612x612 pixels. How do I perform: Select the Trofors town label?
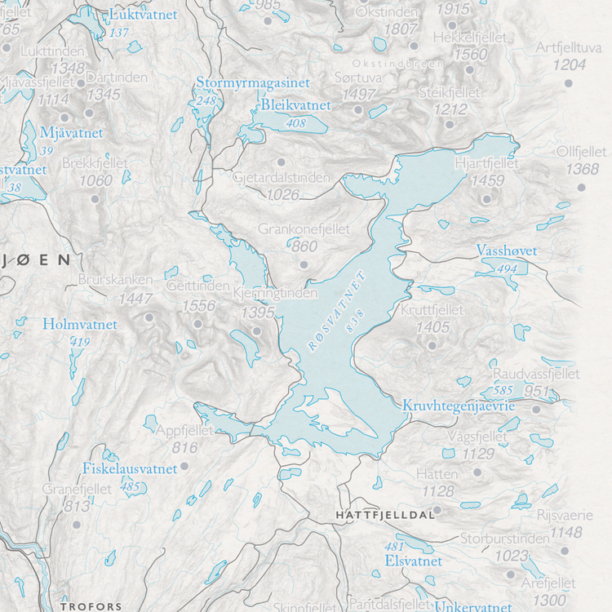tap(91, 606)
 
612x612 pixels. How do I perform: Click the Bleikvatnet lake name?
tap(296, 106)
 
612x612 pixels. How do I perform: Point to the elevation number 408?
tap(295, 123)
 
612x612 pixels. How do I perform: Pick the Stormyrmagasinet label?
tap(253, 83)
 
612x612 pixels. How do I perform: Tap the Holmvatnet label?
tap(80, 325)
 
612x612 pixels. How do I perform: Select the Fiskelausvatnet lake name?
tap(130, 468)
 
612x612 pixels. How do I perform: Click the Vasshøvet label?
tap(507, 251)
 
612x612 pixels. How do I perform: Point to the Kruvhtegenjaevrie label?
tap(458, 406)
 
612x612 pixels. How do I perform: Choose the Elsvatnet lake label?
tap(413, 561)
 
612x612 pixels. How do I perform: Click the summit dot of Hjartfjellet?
tap(487, 198)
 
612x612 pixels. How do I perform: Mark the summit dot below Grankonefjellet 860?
tap(304, 264)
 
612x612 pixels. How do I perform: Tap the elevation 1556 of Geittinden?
tap(199, 306)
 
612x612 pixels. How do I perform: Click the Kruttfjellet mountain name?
tap(432, 310)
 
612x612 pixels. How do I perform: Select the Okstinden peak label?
tap(387, 13)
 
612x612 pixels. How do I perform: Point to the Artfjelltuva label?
tap(568, 47)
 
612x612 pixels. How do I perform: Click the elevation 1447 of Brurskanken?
tap(135, 299)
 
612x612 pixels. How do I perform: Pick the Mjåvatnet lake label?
tap(72, 132)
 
